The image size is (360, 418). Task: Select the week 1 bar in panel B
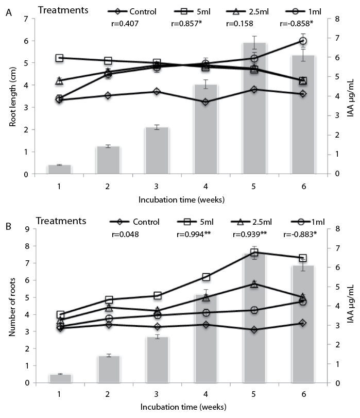tap(59, 378)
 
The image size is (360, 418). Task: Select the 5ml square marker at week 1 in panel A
tap(60, 58)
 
